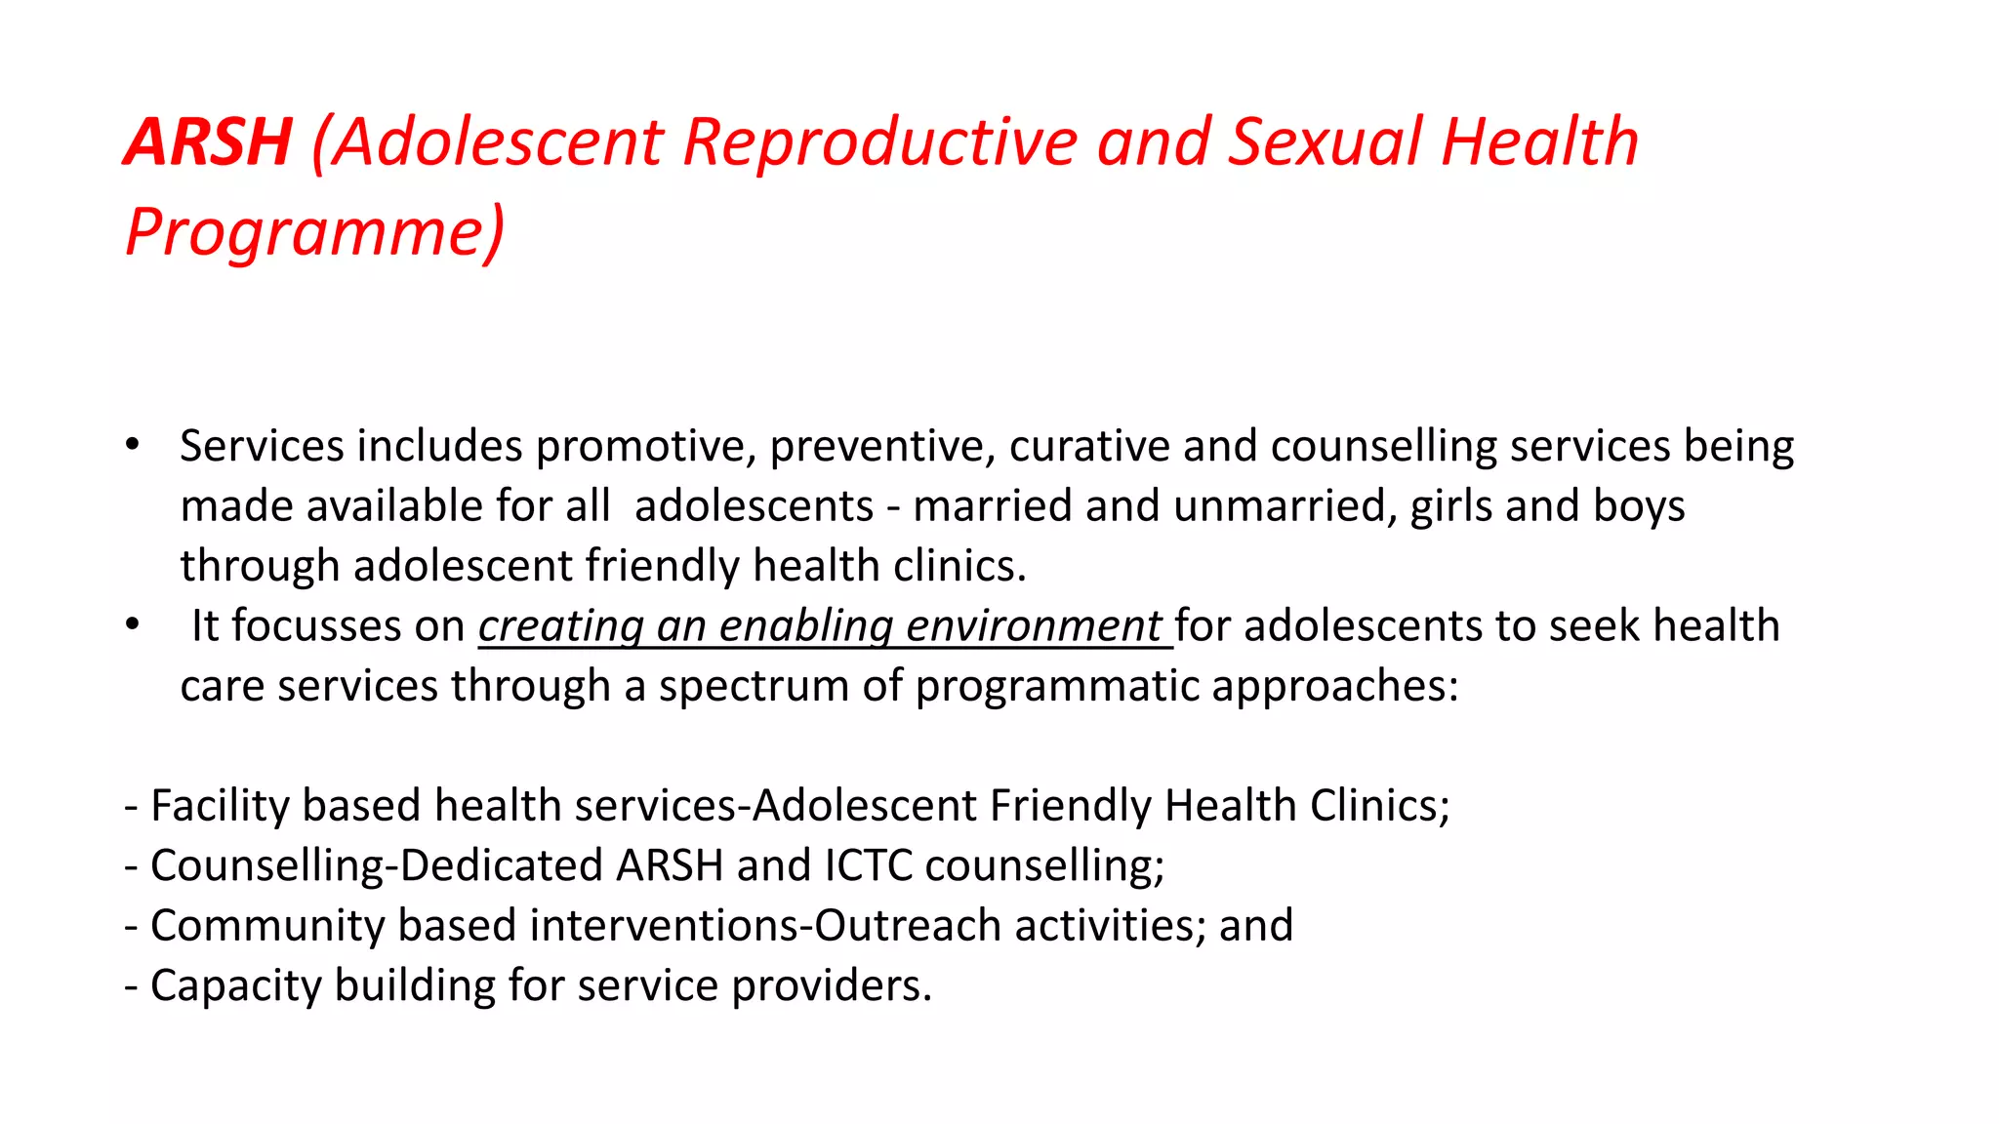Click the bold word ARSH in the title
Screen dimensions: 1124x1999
[208, 142]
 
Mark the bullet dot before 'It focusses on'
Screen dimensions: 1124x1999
[133, 624]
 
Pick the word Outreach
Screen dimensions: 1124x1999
[908, 926]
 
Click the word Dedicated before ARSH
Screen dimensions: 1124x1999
[501, 866]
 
